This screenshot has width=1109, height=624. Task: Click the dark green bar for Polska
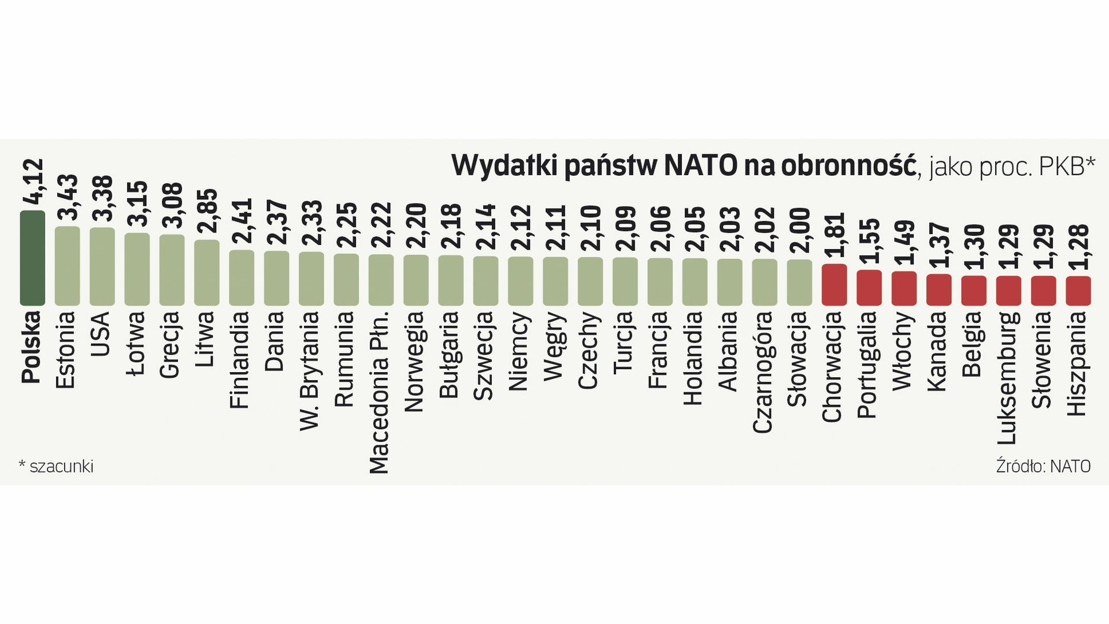(x=32, y=258)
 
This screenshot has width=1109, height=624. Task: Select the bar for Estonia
(x=67, y=266)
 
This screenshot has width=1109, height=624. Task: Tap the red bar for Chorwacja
(x=834, y=284)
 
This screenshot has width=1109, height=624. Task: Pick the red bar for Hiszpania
(x=1078, y=291)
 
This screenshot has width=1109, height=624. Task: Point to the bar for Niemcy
(x=520, y=281)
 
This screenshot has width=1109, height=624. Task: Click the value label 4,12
(x=32, y=181)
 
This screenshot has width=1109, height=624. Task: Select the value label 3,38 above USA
(x=102, y=198)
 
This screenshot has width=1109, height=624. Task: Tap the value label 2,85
(x=207, y=211)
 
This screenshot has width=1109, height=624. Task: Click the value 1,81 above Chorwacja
(x=834, y=235)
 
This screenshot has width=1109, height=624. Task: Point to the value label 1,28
(x=1078, y=247)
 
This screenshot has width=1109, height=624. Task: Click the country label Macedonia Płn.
(x=380, y=392)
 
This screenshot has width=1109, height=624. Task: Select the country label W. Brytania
(x=310, y=371)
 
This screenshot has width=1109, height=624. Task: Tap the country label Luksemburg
(x=1008, y=378)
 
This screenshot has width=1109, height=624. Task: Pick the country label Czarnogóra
(x=764, y=372)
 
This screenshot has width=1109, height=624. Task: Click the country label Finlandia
(x=240, y=360)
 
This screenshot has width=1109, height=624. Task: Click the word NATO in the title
(x=700, y=166)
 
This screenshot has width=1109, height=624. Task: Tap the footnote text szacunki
(x=61, y=466)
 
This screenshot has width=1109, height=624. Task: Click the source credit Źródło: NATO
(x=1043, y=466)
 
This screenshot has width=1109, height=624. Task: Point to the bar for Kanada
(x=939, y=289)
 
